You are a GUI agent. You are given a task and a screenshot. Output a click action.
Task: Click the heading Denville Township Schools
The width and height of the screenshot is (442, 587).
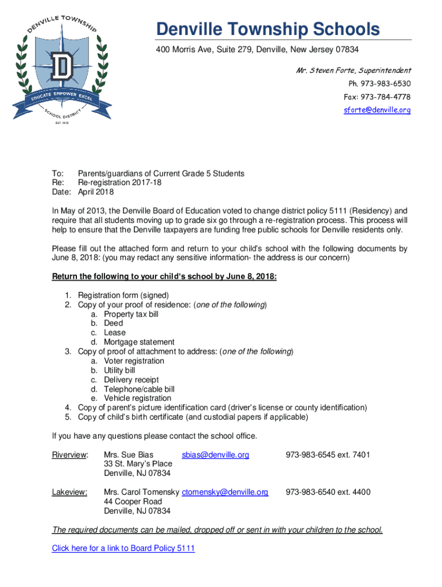tap(269, 29)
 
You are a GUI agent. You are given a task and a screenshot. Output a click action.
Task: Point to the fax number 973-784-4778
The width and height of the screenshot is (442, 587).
tap(377, 96)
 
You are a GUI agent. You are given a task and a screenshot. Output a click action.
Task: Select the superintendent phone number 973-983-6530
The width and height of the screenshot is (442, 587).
tap(378, 84)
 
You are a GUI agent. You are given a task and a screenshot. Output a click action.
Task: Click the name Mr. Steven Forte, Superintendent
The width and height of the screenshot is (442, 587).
tap(353, 71)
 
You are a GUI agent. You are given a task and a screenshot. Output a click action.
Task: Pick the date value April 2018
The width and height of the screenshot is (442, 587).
tap(96, 192)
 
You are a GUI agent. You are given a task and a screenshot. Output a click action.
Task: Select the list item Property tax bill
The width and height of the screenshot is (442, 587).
tap(131, 314)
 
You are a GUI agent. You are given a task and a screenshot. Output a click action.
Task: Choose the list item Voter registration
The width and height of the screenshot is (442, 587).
tap(134, 361)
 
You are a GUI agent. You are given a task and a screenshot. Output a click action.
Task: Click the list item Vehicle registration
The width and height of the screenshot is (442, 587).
tap(137, 398)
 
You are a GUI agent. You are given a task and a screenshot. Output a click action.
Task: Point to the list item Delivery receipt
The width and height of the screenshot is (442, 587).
tap(131, 379)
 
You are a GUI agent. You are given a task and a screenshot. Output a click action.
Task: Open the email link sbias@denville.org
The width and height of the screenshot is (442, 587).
tap(215, 455)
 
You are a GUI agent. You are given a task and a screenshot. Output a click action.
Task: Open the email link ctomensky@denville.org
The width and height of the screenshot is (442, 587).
tap(225, 492)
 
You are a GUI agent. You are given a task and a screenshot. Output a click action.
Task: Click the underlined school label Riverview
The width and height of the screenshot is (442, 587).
tap(70, 455)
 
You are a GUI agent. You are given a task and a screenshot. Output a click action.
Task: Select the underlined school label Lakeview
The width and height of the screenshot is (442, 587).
tap(69, 492)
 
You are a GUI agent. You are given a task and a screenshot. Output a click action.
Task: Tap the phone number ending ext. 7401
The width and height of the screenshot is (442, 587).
tap(328, 455)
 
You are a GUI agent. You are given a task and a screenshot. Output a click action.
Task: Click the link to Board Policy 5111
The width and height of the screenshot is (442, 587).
tap(123, 548)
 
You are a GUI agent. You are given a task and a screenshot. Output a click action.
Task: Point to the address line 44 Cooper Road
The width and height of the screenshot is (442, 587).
tap(133, 502)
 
